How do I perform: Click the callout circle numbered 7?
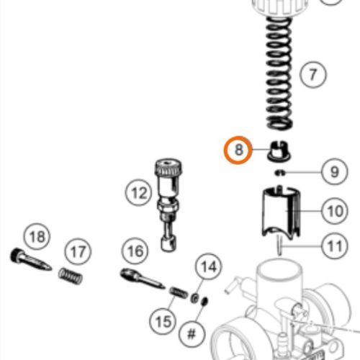tap(312, 75)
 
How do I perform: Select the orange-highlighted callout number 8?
tap(238, 151)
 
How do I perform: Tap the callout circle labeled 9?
tap(333, 172)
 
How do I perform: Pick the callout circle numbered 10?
tap(333, 212)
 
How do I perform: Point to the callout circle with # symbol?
tap(192, 335)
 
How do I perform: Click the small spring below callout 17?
tap(70, 276)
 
